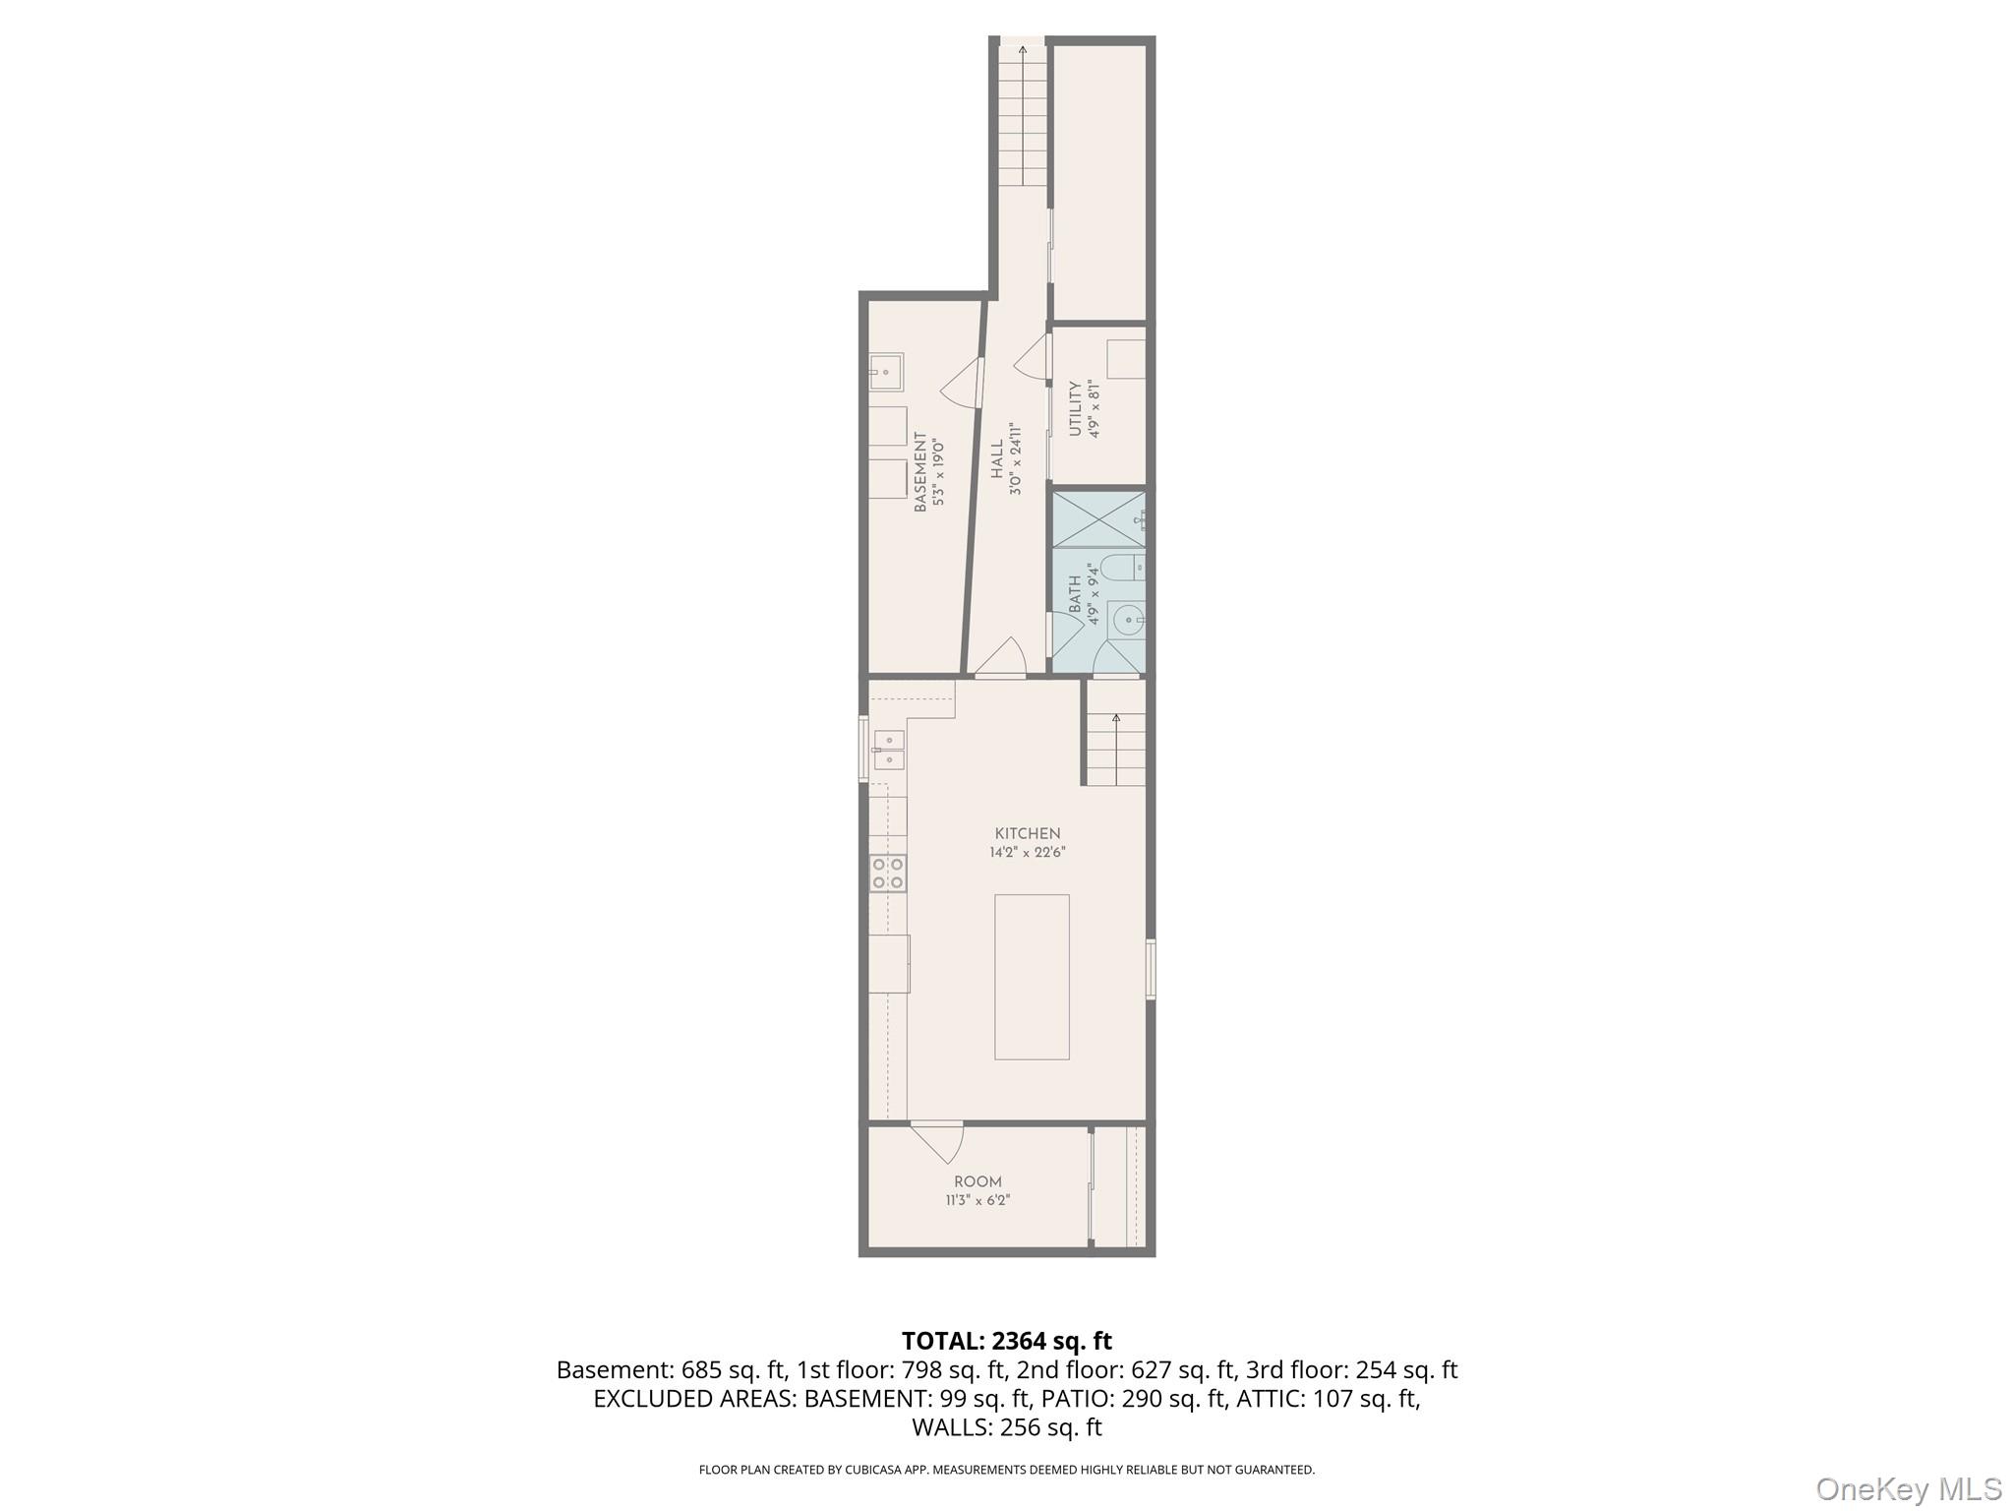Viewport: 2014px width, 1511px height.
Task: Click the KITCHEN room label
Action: click(x=1028, y=833)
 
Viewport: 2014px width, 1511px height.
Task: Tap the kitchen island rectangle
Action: click(x=1032, y=976)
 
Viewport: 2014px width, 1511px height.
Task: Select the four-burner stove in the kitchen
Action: click(x=888, y=874)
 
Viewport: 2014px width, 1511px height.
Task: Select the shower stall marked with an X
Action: click(x=1097, y=519)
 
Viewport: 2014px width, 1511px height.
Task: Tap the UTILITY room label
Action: click(x=1075, y=408)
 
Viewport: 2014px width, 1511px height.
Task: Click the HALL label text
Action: click(x=997, y=459)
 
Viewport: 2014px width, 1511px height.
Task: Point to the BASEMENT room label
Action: click(x=920, y=472)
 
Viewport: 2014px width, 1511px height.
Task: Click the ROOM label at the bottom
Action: click(x=977, y=1181)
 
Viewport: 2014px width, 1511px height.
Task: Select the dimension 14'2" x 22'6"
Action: click(x=1028, y=853)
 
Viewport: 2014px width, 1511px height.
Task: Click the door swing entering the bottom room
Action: click(x=938, y=1141)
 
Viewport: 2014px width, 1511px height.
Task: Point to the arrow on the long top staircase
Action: click(x=1023, y=51)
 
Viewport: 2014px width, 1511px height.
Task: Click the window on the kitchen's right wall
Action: click(x=1151, y=970)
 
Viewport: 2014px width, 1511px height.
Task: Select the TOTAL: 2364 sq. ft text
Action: click(x=1006, y=1341)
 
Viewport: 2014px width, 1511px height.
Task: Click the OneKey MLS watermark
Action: click(x=1908, y=1488)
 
